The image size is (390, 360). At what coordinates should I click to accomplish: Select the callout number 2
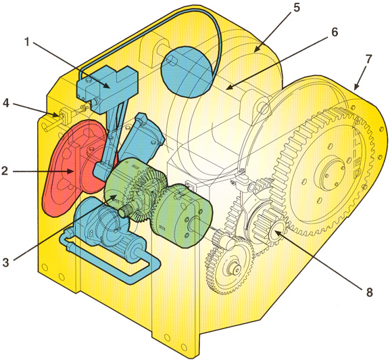pos(5,171)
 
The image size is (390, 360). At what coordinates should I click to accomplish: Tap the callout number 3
pos(5,262)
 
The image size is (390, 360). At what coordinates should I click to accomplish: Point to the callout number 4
pos(6,103)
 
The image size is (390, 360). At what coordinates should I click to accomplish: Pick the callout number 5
pos(297,7)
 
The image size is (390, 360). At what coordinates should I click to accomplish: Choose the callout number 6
pos(335,32)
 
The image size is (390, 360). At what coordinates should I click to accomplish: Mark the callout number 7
pos(368,59)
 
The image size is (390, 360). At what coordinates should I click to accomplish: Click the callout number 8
pos(370,292)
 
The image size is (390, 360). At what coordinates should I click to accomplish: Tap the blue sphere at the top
pos(185,72)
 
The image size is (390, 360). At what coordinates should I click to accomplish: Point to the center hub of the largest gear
pos(330,174)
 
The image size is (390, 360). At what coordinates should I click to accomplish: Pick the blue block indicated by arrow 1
pos(107,89)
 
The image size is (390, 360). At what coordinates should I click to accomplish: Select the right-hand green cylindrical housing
pos(182,215)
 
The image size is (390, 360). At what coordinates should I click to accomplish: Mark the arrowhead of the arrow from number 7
pos(356,87)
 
